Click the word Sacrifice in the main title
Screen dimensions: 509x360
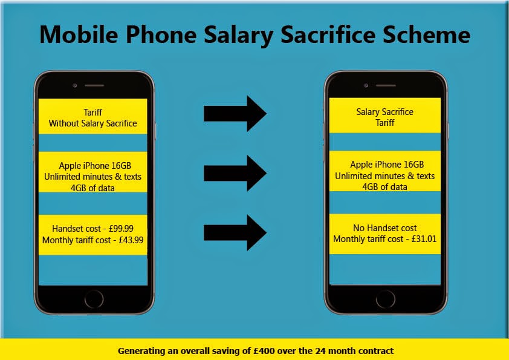pos(328,34)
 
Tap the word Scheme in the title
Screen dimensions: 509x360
pos(427,34)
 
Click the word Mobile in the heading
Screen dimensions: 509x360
pos(79,34)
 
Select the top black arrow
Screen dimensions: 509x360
pos(235,113)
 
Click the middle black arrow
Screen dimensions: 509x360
pos(235,173)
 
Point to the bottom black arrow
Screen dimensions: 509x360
pos(235,232)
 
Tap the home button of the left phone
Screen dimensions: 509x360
pos(94,299)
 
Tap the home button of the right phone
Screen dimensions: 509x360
pos(386,299)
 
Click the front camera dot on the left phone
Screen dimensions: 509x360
pos(75,85)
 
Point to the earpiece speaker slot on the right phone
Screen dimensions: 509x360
pos(386,85)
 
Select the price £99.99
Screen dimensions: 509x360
pos(121,229)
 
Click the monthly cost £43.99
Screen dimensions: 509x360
pos(131,240)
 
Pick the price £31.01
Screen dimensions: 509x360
pos(424,239)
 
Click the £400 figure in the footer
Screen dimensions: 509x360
pos(264,351)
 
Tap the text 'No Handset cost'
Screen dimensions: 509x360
pos(385,228)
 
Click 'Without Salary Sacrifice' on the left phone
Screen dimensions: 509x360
pos(93,123)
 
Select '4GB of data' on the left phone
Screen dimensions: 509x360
pos(92,188)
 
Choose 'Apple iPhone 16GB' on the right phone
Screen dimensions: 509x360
pos(387,165)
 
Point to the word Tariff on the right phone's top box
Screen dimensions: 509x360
pos(385,123)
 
